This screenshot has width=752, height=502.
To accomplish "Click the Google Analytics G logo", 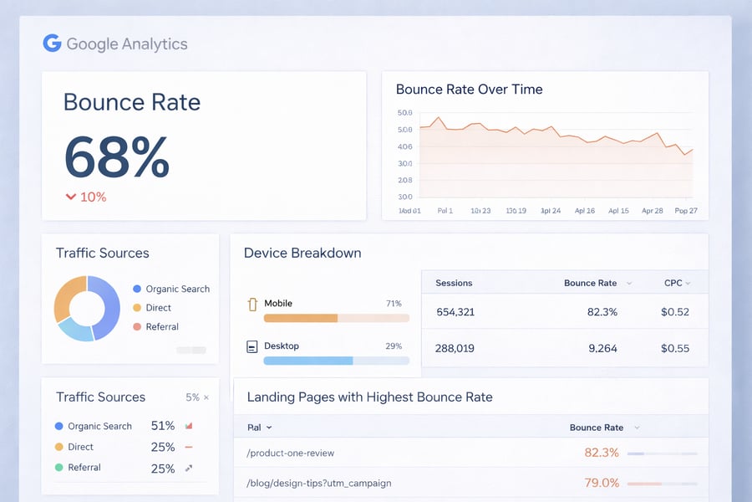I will point(52,44).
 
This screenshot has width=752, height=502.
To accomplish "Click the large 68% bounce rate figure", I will point(116,156).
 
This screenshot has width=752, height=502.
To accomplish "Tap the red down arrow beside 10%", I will point(71,197).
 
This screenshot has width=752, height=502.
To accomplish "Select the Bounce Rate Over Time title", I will point(469,89).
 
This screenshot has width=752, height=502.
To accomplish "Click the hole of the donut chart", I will point(87,309).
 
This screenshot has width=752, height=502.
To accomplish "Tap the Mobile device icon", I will point(252,304).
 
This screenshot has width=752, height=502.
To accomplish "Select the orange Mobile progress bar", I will point(301,318).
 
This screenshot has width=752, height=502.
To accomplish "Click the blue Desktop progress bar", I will point(307,361).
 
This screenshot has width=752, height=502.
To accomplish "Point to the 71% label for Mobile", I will point(394,304).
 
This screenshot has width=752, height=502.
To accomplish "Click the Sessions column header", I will point(454,283).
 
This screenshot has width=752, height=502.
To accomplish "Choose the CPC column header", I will point(673,283).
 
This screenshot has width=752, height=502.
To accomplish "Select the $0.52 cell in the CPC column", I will point(673,312).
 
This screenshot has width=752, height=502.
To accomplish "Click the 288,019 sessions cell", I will point(455,348).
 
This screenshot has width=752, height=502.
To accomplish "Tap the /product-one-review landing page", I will point(291,453).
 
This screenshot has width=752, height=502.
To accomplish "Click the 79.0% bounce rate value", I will point(602,483).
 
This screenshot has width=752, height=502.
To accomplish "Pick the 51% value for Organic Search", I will point(163,426).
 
